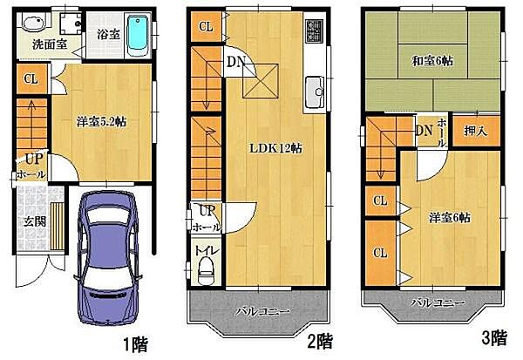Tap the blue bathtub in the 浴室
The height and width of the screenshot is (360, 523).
coord(138,35)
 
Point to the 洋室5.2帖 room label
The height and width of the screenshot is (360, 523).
coord(100,123)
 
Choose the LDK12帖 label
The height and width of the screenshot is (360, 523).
coord(277,147)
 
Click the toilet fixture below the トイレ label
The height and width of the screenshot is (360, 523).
coord(207,273)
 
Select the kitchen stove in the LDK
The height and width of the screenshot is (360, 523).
coord(314,36)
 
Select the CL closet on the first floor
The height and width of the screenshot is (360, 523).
coord(31,80)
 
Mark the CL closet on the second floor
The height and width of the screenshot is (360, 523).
coord(206,26)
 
